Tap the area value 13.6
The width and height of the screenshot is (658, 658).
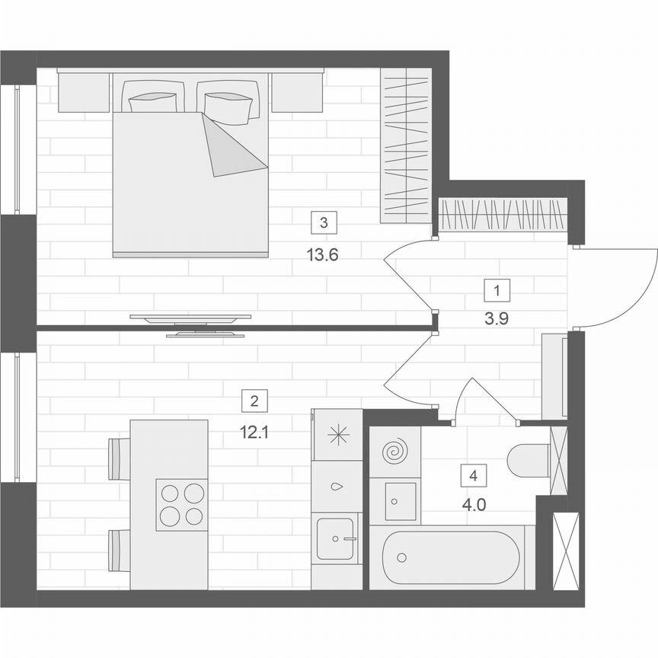pos(322,255)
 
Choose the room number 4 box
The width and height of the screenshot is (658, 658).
pos(474,476)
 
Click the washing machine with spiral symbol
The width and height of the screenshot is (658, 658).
pos(394,452)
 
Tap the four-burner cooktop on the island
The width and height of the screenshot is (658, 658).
pos(182,505)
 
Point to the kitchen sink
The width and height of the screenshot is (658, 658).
pos(336,538)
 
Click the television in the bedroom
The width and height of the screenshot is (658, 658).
pos(190,324)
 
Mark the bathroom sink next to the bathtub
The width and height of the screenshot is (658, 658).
pos(394,500)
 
